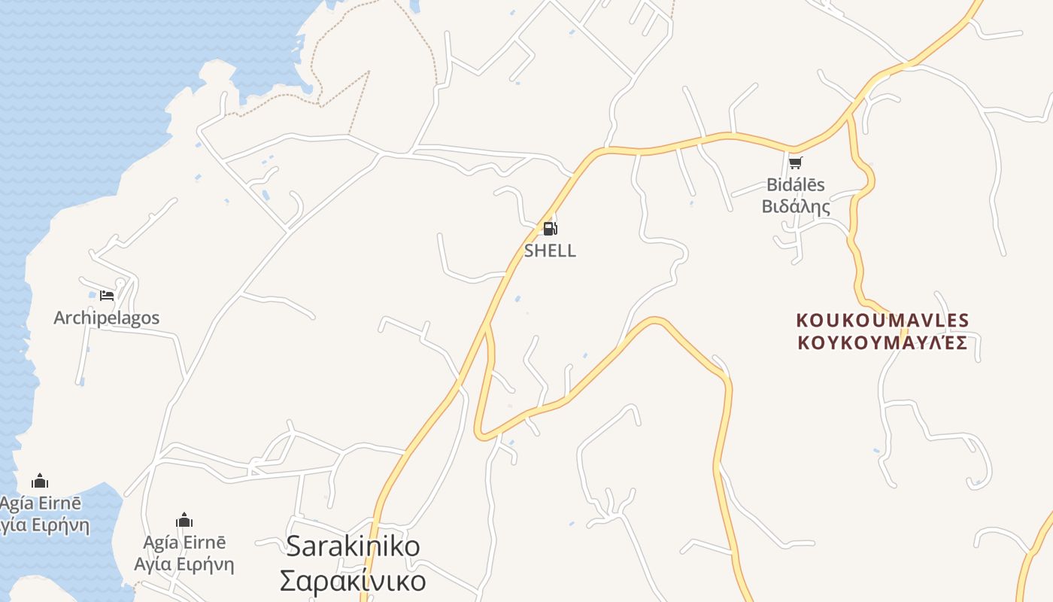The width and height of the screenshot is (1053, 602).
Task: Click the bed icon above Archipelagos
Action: point(107,295)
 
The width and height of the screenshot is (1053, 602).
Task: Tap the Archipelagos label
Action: point(107,318)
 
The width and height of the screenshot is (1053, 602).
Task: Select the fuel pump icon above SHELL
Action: point(551,229)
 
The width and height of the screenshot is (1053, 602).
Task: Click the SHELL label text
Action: point(550,251)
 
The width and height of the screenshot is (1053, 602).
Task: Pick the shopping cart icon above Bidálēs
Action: point(796,163)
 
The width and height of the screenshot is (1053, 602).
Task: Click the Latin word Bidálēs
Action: point(796,184)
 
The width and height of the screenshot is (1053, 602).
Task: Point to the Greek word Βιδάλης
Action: point(796,206)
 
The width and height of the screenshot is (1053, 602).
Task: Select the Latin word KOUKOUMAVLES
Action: point(882,321)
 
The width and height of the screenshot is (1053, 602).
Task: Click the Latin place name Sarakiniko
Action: point(354,546)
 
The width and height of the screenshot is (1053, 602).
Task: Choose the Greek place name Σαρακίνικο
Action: point(353,580)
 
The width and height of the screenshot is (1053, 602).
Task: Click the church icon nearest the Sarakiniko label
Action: point(184,520)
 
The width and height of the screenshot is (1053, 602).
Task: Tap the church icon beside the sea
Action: point(40,481)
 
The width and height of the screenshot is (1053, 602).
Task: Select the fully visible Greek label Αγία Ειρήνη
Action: point(184,564)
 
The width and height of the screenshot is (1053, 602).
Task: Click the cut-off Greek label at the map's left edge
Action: point(44,524)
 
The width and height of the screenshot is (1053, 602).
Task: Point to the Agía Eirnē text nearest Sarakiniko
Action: point(184,543)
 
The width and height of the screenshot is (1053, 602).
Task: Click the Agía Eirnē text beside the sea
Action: point(41,503)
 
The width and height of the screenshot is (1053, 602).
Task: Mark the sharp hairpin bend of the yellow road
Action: point(481,434)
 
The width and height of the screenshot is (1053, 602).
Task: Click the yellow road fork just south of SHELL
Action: point(487,326)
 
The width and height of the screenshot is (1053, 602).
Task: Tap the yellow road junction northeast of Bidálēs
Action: point(850,117)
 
